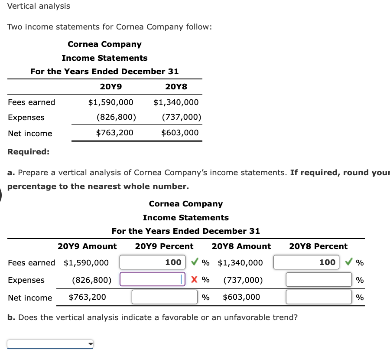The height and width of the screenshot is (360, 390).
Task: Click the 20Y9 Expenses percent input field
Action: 152,280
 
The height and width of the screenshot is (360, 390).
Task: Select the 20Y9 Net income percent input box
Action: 165,297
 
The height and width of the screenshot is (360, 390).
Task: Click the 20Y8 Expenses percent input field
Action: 318,280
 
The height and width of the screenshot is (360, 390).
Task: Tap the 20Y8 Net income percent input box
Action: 318,297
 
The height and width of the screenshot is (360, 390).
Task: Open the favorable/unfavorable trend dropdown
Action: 50,344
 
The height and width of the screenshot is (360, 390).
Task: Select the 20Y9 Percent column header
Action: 164,246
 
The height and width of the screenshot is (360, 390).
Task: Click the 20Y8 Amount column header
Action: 241,246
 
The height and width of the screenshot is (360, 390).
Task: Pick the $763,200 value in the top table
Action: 115,133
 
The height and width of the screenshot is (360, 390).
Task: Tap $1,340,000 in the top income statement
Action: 176,102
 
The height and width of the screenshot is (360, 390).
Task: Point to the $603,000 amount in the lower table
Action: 241,297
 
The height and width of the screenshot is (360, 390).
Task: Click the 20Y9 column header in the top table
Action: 111,86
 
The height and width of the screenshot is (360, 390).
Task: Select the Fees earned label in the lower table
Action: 32,263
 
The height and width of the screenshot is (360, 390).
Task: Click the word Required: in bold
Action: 29,152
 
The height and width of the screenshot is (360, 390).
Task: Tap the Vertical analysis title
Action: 39,6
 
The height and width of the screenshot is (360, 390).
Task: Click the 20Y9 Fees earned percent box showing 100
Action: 152,262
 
